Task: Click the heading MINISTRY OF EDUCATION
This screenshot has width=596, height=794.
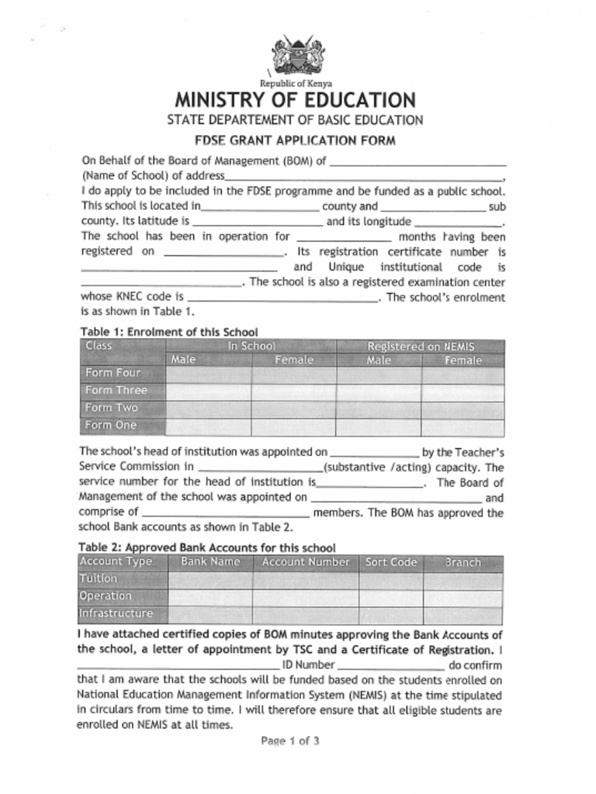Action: coord(295,100)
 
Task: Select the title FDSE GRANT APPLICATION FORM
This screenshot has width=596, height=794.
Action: coord(295,140)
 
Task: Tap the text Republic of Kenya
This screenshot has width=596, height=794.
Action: coord(296,83)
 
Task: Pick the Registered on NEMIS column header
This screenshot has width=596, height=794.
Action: coord(420,347)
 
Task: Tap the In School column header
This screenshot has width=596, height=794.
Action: coord(251,347)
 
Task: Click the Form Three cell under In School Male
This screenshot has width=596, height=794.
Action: coord(208,391)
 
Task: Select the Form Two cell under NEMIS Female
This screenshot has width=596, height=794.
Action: coord(463,409)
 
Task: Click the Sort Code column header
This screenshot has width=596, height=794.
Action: coord(390,562)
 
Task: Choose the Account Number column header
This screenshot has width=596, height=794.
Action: coord(306,562)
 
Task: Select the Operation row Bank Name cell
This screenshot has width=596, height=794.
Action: coord(210,597)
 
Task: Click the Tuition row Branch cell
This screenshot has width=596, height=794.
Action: coord(463,579)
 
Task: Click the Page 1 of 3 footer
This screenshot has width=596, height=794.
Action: coord(290,741)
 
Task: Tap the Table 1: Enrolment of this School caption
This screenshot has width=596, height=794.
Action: coord(169,332)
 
